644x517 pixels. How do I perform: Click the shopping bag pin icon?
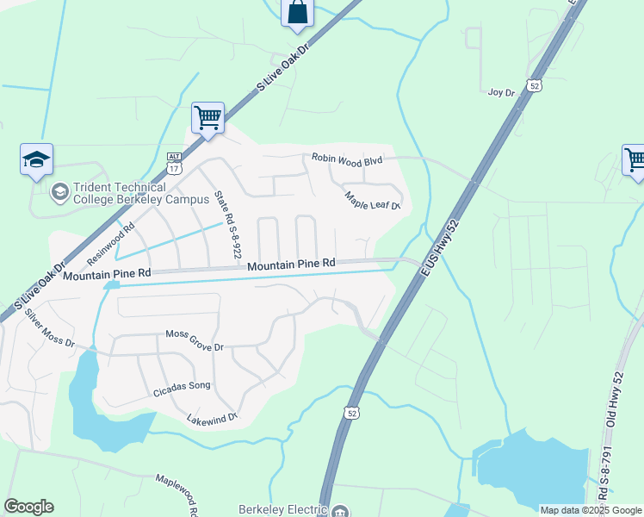pyautogui.click(x=297, y=13)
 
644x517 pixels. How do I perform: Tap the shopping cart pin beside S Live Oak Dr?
pyautogui.click(x=207, y=117)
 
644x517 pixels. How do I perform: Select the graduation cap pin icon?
pyautogui.click(x=37, y=160)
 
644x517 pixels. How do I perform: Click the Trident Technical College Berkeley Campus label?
pyautogui.click(x=142, y=194)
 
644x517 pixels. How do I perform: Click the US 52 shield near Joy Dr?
pyautogui.click(x=535, y=85)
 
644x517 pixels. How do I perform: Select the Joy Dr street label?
pyautogui.click(x=500, y=92)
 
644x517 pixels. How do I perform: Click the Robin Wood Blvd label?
pyautogui.click(x=347, y=159)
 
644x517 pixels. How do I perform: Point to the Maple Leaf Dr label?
pyautogui.click(x=373, y=201)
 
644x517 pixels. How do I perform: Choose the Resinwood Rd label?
pyautogui.click(x=112, y=244)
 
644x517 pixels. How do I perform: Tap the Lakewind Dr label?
pyautogui.click(x=212, y=419)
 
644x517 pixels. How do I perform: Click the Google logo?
pyautogui.click(x=28, y=507)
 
